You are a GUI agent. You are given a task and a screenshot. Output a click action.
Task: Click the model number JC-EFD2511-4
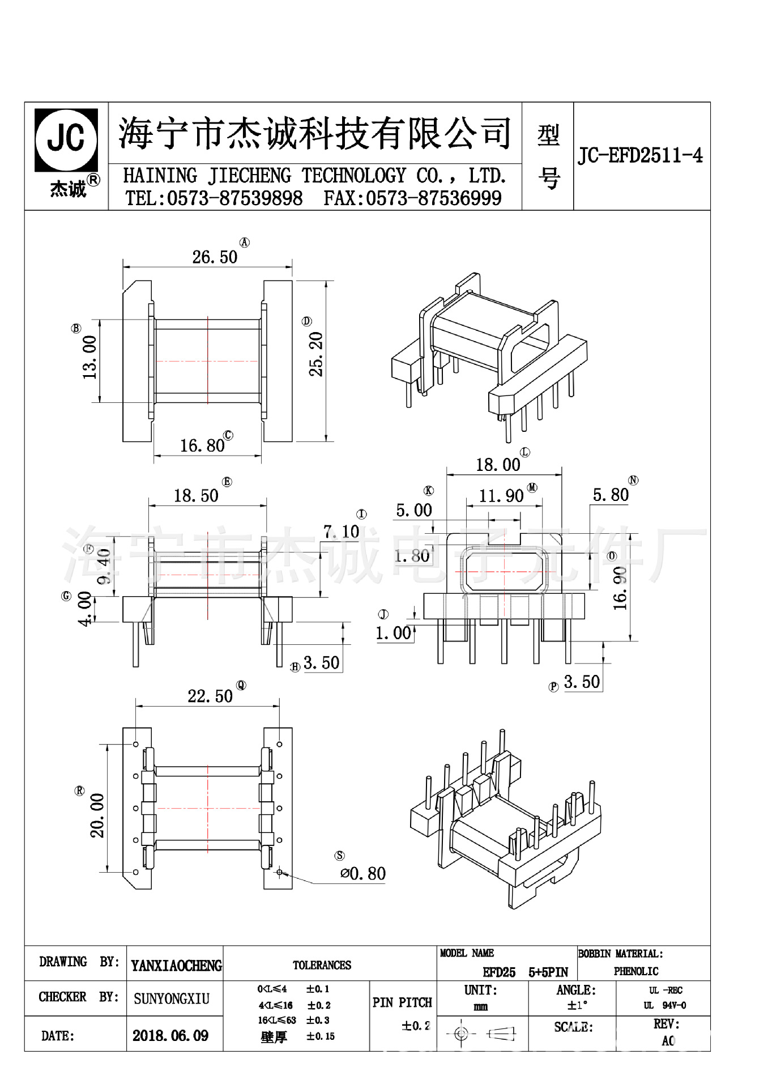click(x=640, y=155)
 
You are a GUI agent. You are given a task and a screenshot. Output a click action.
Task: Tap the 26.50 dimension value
click(x=215, y=257)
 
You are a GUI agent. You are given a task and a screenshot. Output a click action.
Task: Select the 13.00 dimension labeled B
click(x=90, y=358)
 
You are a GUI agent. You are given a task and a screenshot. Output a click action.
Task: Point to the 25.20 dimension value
click(x=315, y=354)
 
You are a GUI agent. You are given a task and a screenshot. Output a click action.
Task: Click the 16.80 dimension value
click(x=202, y=446)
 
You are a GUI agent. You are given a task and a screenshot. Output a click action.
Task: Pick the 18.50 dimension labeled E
click(x=196, y=496)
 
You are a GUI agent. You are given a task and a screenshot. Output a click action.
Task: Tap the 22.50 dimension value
click(x=210, y=696)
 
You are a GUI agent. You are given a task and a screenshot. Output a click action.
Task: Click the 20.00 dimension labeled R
click(x=97, y=815)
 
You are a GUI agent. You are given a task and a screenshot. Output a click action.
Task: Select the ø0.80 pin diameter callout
click(x=363, y=873)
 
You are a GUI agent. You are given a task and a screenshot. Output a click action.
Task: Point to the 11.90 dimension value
click(x=501, y=496)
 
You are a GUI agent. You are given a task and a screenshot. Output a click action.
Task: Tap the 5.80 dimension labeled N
click(x=611, y=495)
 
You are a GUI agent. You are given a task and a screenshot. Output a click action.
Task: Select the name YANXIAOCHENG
click(x=176, y=966)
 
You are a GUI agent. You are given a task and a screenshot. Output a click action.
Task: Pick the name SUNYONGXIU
click(x=172, y=998)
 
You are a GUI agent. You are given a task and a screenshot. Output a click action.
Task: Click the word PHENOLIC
click(x=636, y=971)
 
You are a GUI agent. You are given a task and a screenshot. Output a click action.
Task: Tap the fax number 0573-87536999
click(x=433, y=198)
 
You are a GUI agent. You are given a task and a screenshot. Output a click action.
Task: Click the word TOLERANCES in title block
click(x=322, y=965)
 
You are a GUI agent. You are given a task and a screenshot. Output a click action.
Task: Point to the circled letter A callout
click(x=245, y=243)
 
